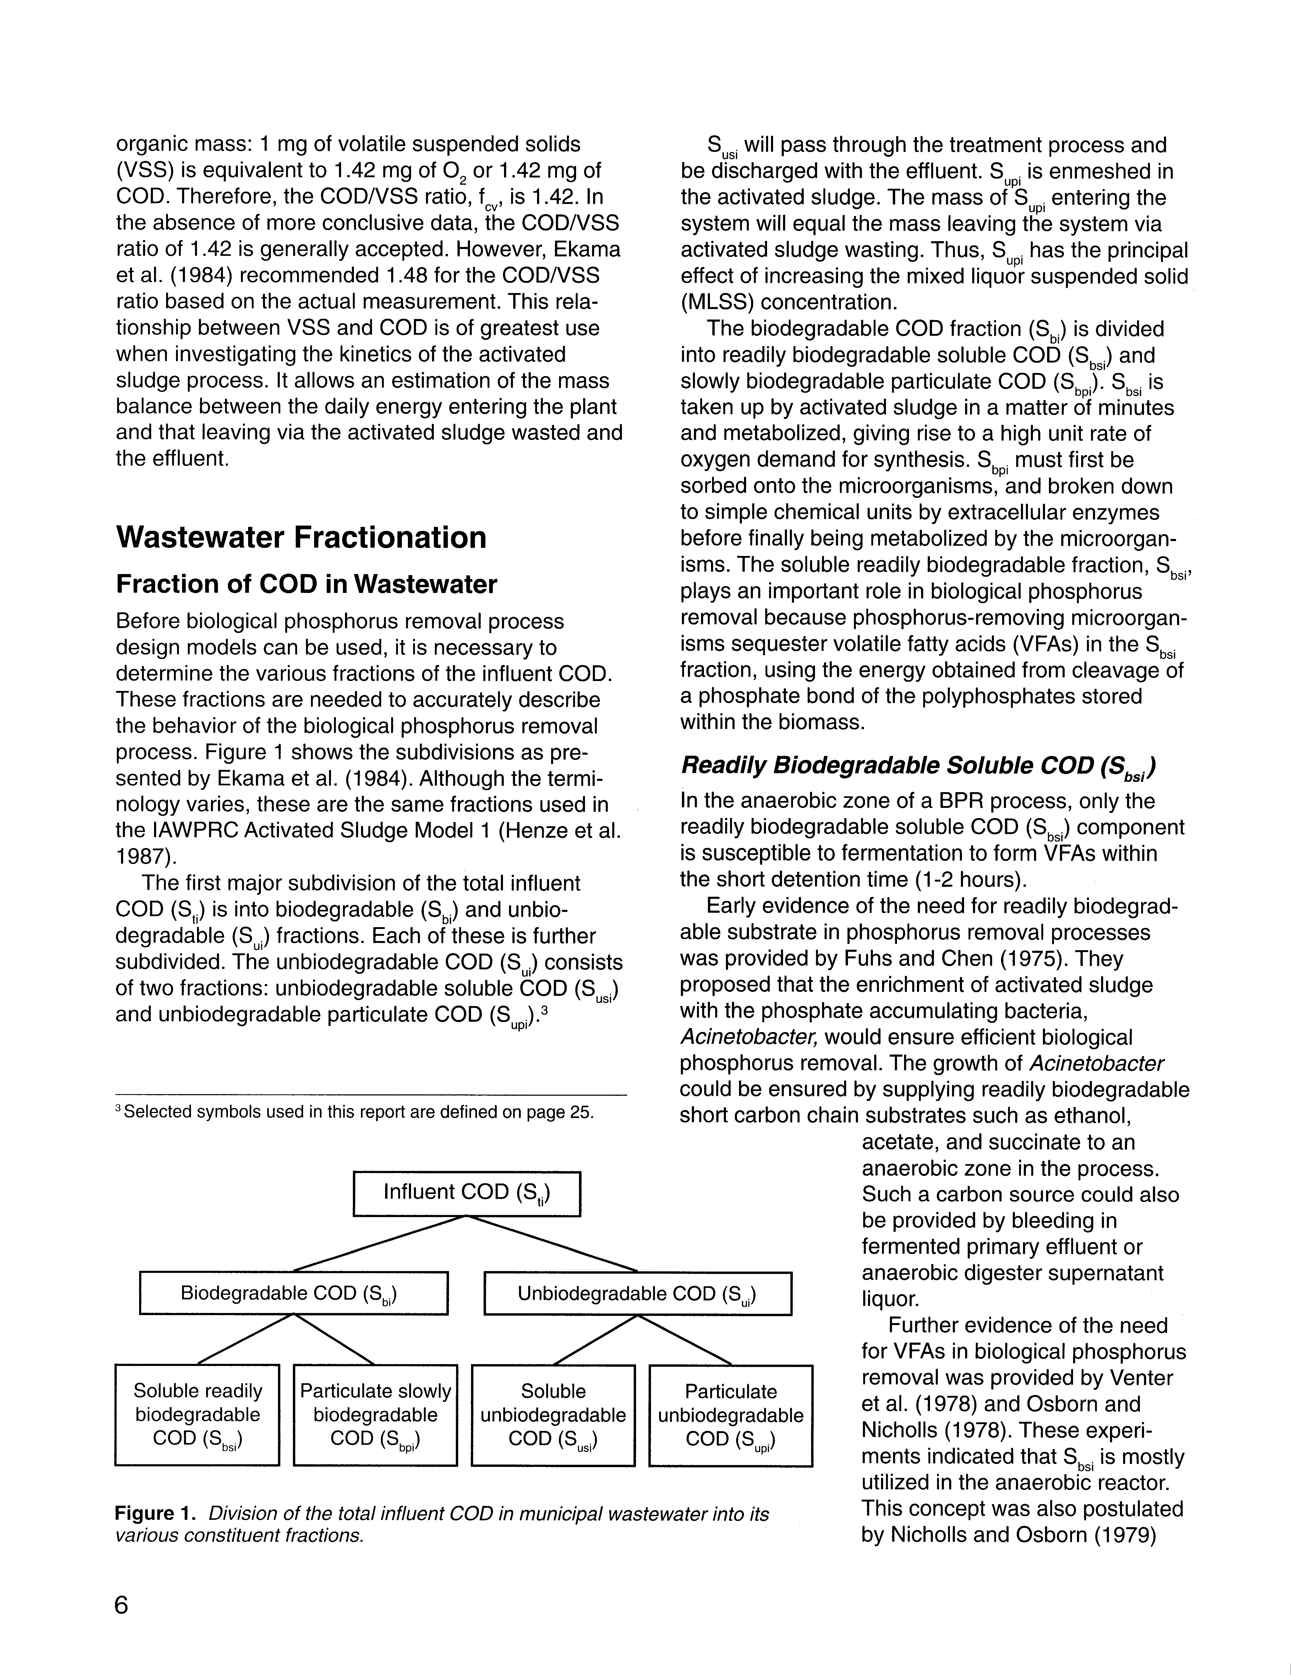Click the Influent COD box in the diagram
click(466, 1193)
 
